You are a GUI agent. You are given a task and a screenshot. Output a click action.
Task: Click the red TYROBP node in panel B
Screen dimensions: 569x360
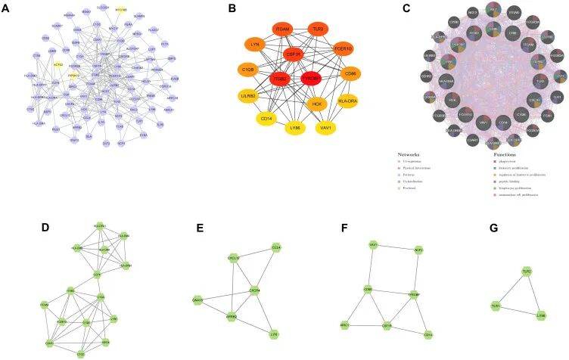(x=311, y=79)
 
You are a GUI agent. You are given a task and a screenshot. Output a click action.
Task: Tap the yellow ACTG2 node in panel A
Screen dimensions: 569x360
(x=58, y=66)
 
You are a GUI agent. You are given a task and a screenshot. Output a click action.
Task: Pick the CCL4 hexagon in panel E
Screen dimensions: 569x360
(x=277, y=247)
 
